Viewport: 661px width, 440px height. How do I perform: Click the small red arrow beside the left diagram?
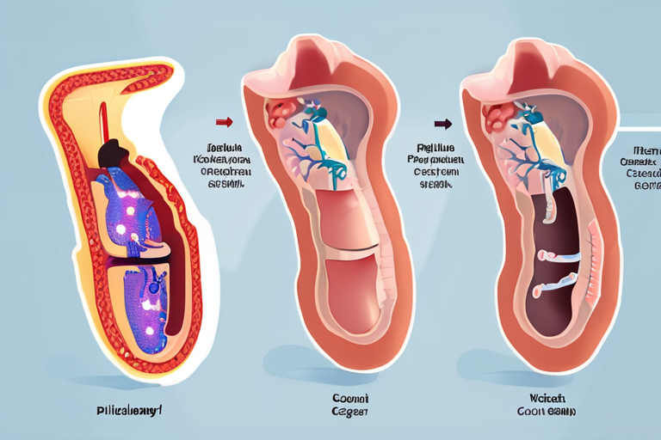coord(225,122)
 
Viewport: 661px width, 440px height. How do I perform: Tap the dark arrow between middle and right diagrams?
coord(442,123)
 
